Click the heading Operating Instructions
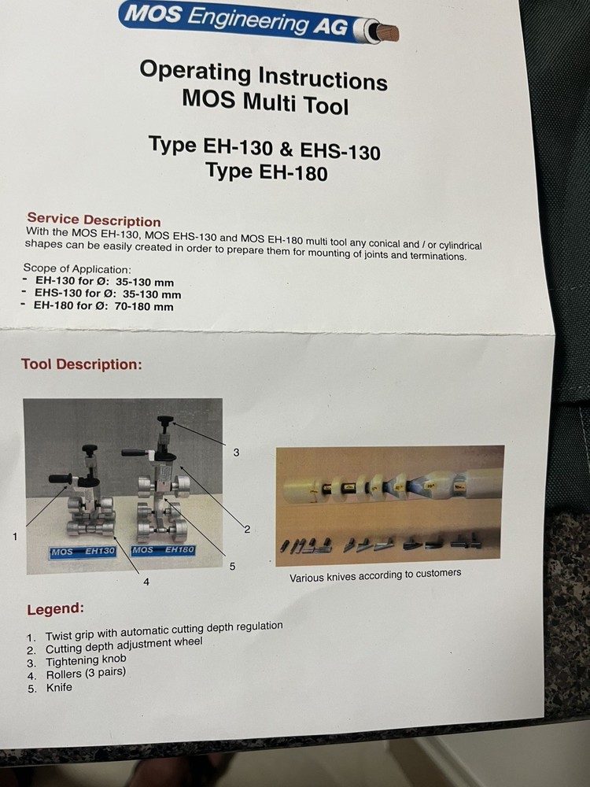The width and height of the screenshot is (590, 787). tap(263, 76)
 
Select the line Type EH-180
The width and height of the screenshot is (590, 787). tap(266, 171)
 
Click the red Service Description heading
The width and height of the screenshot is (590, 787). tap(94, 220)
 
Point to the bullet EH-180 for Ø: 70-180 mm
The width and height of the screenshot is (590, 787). tap(103, 306)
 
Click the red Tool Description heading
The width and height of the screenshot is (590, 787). tap(81, 364)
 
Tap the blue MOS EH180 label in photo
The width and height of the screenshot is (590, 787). tap(163, 549)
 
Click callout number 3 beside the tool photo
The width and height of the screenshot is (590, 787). tap(235, 453)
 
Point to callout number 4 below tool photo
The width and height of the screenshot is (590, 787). tap(146, 582)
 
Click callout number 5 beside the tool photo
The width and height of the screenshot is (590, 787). tap(232, 565)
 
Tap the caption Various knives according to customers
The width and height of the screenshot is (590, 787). tap(375, 575)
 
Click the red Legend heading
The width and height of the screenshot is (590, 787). tap(55, 609)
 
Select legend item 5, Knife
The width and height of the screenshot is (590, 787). tap(58, 687)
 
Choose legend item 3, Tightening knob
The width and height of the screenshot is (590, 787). tap(85, 661)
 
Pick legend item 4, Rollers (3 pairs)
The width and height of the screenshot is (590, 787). tap(85, 674)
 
